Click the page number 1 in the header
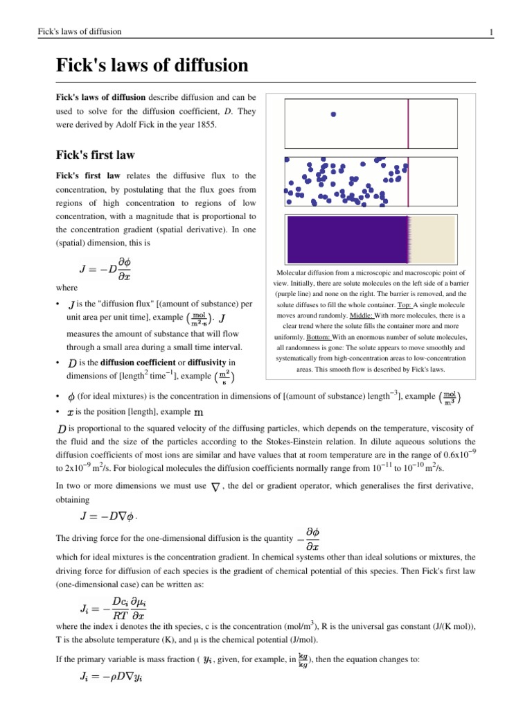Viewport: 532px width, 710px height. point(490,33)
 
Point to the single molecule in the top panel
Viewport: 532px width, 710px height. point(333,114)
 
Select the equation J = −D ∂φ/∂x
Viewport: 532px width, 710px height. point(105,268)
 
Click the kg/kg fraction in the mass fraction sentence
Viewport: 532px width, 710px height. point(303,660)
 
